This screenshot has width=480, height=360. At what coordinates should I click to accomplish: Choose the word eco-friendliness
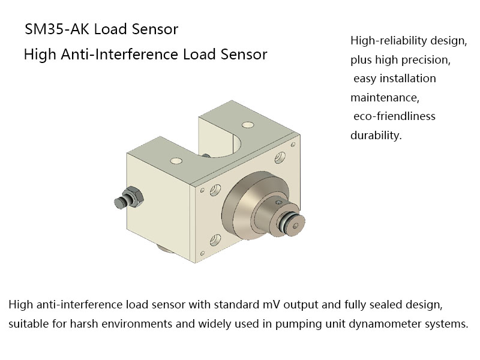tap(395, 116)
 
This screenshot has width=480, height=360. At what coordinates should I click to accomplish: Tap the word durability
tap(375, 135)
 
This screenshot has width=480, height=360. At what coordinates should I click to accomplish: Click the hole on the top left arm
tap(176, 161)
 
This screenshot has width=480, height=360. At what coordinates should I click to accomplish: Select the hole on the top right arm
tap(247, 125)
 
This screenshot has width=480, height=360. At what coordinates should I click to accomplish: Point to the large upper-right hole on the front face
tap(280, 157)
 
